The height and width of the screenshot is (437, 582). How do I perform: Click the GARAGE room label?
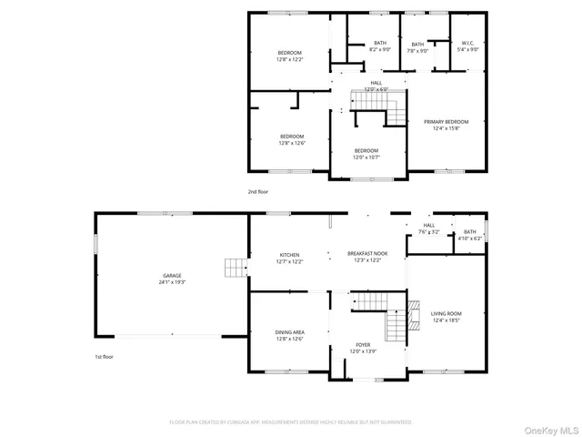tap(172, 275)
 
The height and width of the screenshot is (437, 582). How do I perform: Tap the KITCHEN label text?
tap(290, 255)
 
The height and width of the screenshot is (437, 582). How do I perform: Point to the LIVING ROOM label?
tap(447, 313)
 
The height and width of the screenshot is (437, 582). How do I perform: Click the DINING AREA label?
tap(290, 332)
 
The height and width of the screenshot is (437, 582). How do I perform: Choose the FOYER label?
tap(363, 345)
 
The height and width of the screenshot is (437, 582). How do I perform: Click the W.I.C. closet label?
tap(467, 43)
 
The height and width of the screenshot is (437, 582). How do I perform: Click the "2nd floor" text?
tap(258, 192)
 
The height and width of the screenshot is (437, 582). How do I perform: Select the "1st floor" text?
tap(104, 357)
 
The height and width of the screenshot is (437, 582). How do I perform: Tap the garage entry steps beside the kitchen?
tap(235, 268)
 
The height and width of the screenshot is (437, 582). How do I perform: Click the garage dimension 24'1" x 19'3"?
tap(172, 281)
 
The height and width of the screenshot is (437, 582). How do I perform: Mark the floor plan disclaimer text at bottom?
tap(291, 422)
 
